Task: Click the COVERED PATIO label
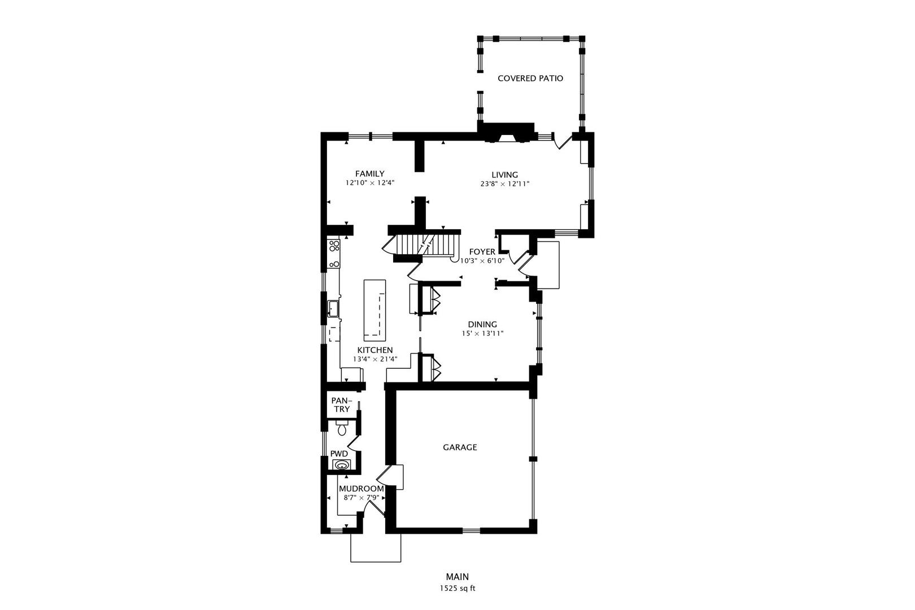[530, 79]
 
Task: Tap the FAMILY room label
[369, 174]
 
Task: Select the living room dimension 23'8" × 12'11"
[504, 184]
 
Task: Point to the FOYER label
[482, 252]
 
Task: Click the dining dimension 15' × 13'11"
[482, 333]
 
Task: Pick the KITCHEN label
[374, 350]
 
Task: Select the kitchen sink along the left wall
[333, 308]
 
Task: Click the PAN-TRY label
[341, 404]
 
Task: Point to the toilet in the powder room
[342, 429]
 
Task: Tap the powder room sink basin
[341, 465]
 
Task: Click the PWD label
[339, 454]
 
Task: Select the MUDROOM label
[361, 489]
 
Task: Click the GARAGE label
[459, 447]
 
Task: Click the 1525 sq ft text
[457, 588]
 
